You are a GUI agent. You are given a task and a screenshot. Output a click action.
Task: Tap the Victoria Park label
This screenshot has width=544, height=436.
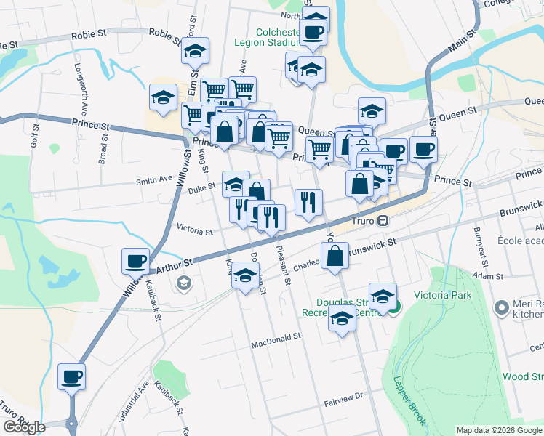(442, 295)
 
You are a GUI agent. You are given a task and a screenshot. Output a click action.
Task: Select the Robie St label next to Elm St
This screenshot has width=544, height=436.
(164, 33)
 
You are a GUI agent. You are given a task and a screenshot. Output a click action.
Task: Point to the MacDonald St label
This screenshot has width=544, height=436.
(276, 338)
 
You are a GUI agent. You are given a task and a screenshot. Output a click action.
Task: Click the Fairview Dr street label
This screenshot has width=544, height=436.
(343, 397)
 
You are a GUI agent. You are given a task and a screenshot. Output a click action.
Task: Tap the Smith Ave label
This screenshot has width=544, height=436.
(154, 178)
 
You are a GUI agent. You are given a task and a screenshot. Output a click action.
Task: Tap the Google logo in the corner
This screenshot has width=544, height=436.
(24, 427)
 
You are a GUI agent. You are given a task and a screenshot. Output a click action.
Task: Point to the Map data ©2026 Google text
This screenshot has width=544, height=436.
(499, 430)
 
